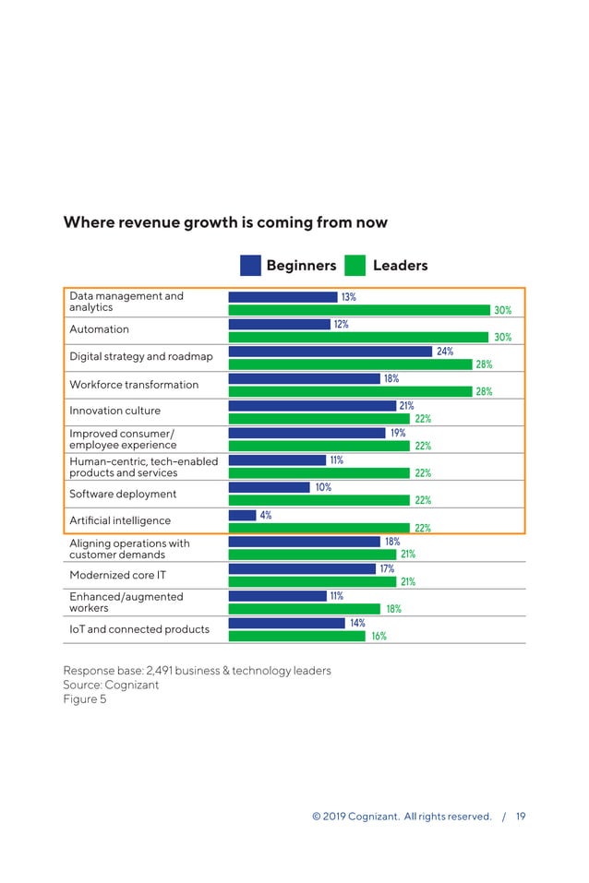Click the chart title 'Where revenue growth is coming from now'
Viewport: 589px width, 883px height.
pos(225,222)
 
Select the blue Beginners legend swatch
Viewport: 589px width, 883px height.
pos(250,266)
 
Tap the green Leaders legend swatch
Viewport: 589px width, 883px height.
pos(355,266)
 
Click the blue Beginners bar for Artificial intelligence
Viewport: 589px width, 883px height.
pos(242,516)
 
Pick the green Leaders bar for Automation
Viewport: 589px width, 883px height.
pos(359,338)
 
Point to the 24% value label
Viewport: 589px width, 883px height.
pos(445,352)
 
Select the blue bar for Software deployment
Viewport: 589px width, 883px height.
pos(269,487)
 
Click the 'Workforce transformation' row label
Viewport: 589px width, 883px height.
pos(134,385)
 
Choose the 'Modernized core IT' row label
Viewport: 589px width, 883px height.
pos(118,576)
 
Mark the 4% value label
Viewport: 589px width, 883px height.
pos(266,516)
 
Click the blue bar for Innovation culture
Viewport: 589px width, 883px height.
pos(312,406)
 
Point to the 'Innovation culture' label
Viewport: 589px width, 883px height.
pos(114,412)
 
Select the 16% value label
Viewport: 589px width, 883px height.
pos(379,636)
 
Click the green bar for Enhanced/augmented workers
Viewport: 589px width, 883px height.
pos(304,609)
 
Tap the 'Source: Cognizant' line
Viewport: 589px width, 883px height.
pos(111,685)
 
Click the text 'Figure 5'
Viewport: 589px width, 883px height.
pos(85,699)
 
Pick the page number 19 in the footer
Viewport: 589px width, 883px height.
pos(521,817)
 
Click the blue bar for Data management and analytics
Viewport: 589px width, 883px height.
pos(282,297)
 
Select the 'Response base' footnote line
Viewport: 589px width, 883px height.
pos(197,670)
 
